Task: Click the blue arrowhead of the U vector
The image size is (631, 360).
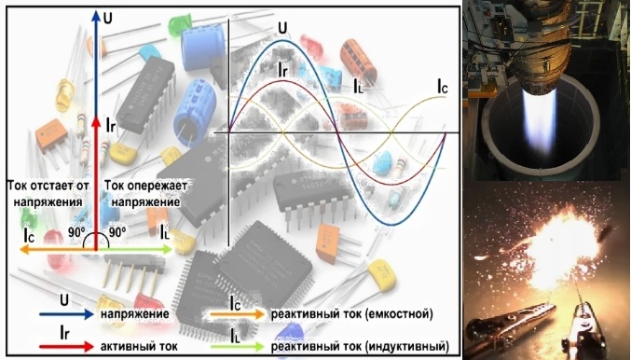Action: [x=96, y=17]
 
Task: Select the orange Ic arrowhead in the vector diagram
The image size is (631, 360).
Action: [x=24, y=250]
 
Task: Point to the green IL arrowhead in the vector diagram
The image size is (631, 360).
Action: [x=167, y=250]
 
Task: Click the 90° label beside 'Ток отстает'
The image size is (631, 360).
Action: [x=76, y=232]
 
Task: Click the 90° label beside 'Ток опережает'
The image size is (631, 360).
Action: [x=117, y=232]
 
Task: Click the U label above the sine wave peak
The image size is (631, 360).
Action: [x=283, y=28]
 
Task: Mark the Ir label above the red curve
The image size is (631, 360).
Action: [x=283, y=71]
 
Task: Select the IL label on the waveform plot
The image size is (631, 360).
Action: [x=358, y=86]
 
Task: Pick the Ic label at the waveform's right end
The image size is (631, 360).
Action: [x=443, y=87]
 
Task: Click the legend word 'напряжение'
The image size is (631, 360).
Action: [x=135, y=314]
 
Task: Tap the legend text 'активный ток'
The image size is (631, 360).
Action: [x=139, y=346]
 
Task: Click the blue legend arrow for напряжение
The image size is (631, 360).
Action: [x=66, y=314]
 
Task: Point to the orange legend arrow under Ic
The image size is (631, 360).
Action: [x=238, y=314]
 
